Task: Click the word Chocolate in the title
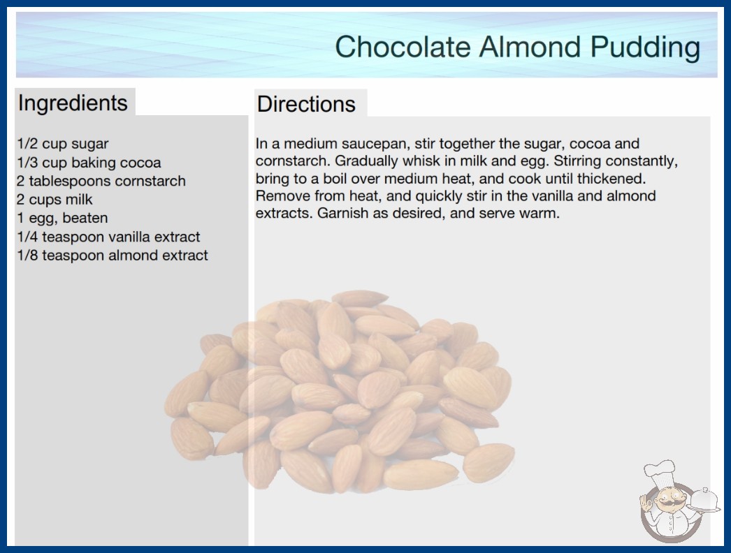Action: [x=403, y=47]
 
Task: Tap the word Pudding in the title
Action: [x=645, y=47]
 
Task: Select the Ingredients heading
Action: [x=73, y=103]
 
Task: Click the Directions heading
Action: [x=306, y=104]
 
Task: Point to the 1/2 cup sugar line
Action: [x=62, y=144]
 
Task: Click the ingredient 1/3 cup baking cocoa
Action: [x=89, y=163]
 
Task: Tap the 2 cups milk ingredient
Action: [x=55, y=200]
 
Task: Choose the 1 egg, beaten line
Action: [x=62, y=218]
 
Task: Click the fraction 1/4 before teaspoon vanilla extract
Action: [x=27, y=237]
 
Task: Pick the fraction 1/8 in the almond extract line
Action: [x=27, y=256]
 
